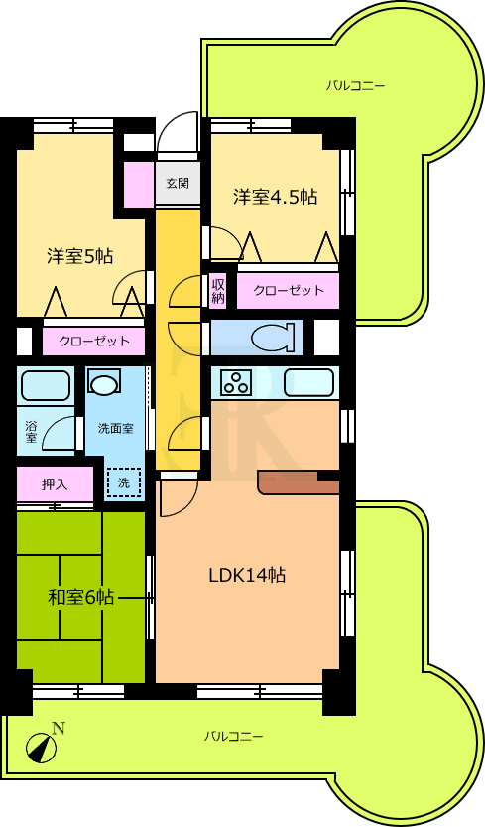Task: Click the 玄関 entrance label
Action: coord(178,183)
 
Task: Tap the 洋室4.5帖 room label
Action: coord(275,197)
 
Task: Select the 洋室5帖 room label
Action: coord(79,256)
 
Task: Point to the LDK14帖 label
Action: coord(247,575)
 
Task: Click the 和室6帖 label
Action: coord(80,597)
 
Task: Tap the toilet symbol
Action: coord(273,338)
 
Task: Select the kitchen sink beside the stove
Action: coord(309,382)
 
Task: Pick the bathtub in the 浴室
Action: coord(46,385)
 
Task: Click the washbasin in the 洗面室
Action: coord(104,382)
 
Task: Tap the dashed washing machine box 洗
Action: coord(124,482)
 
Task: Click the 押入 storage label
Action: coord(55,484)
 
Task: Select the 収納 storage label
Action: coord(218,291)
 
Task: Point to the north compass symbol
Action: coord(42,747)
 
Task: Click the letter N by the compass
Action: coord(59,729)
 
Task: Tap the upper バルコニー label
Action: coord(355,85)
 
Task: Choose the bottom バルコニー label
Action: coord(233,736)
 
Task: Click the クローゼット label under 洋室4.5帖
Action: coord(289,290)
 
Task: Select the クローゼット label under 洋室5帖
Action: coord(94,341)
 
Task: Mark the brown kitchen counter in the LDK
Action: coord(299,483)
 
